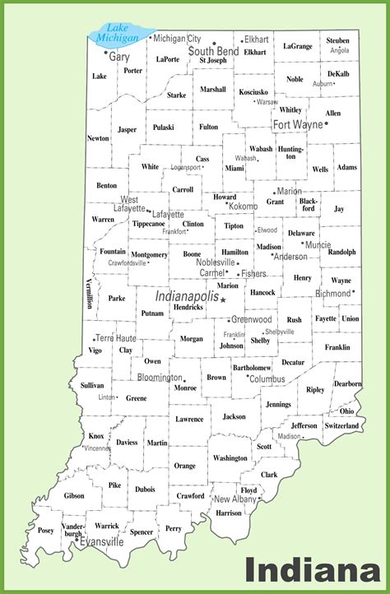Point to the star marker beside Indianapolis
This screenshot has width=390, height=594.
point(223,300)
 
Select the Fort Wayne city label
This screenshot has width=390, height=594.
point(298,125)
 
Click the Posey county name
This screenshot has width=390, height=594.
point(46,531)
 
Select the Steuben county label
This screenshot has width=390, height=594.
point(337,40)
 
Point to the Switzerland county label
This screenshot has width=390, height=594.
point(341,426)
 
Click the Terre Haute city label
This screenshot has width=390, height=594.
point(117,338)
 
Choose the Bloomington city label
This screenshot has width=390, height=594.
point(159,378)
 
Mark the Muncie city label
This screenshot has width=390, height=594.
point(318,244)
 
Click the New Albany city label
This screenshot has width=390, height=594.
point(236,499)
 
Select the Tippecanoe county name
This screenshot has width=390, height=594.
point(149,224)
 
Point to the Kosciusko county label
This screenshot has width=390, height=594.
point(254,92)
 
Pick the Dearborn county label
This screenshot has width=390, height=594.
point(347,384)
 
